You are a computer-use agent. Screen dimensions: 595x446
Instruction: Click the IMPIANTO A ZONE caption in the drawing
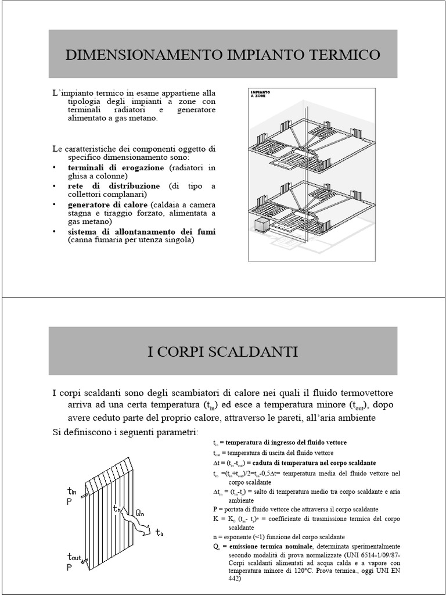coord(260,94)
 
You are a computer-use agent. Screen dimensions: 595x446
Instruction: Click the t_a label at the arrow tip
coord(160,533)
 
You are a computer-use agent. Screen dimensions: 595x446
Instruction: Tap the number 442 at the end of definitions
coord(235,579)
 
